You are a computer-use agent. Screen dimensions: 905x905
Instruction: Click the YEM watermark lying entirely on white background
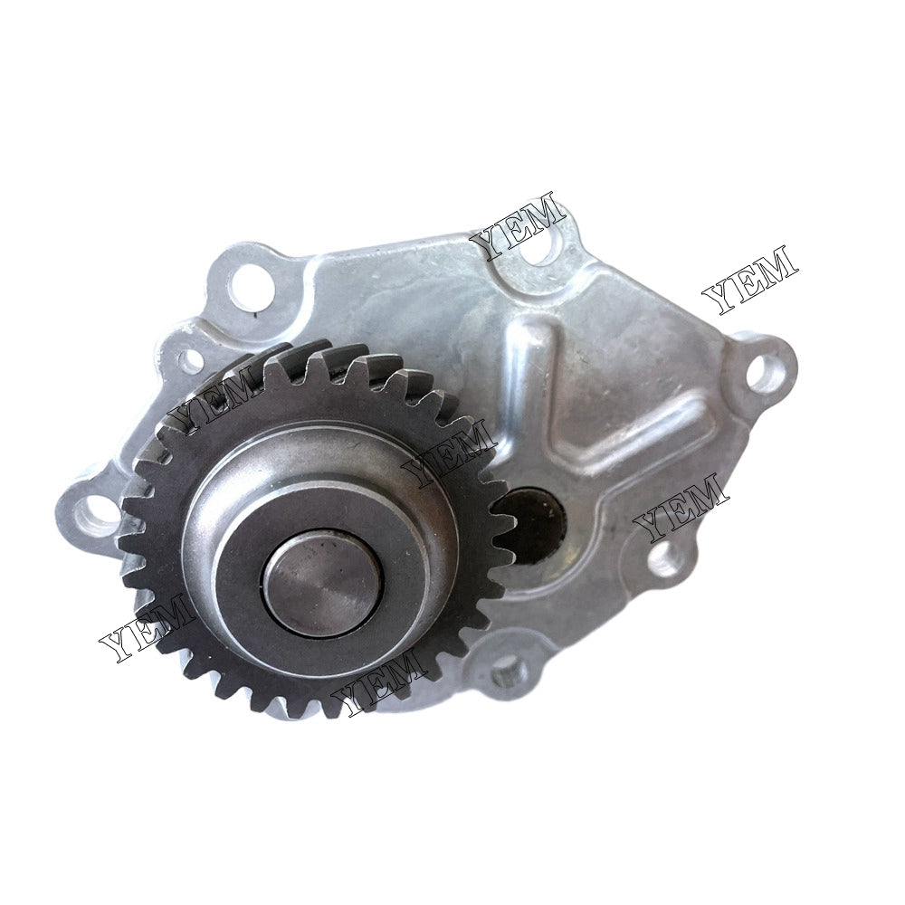click(x=750, y=278)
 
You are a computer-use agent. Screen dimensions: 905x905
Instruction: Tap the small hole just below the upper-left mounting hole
click(x=193, y=361)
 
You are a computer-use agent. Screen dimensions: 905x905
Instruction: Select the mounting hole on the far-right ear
click(x=766, y=372)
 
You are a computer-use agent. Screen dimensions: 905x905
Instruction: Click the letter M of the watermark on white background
click(x=776, y=264)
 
